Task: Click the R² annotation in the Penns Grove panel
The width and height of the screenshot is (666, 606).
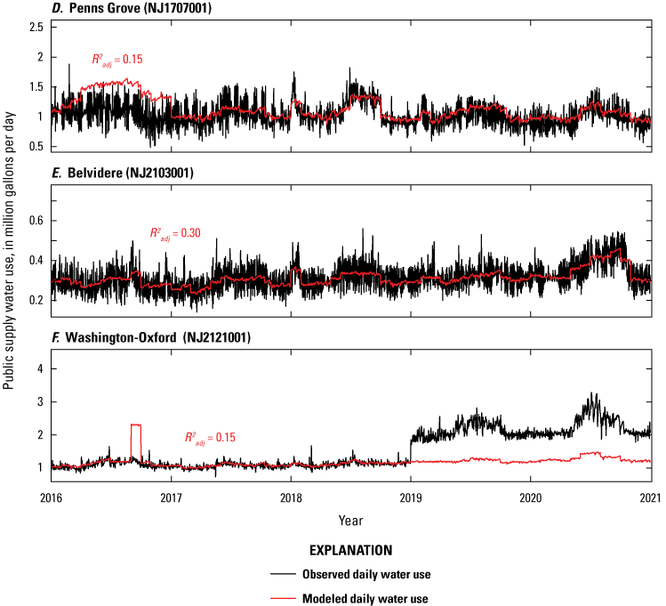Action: coord(116,60)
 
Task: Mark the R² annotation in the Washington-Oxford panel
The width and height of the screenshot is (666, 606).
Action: coord(208,437)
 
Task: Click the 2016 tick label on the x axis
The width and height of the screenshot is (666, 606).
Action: coord(52,497)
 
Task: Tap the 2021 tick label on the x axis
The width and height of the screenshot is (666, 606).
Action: coord(650,497)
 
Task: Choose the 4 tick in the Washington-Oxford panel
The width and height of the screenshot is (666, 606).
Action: coord(40,368)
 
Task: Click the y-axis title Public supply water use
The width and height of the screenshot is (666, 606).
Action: coord(10,258)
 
